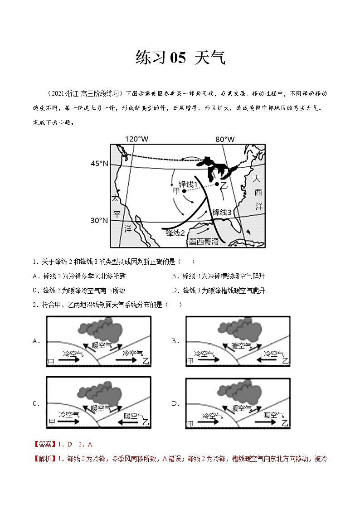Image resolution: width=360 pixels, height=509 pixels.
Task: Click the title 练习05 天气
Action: [180, 58]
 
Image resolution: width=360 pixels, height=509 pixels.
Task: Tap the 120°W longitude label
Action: [137, 139]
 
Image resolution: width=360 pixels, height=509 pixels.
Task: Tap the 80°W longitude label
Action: [225, 139]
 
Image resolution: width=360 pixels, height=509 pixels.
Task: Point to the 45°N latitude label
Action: [99, 163]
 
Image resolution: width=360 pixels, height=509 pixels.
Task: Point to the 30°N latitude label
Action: [99, 220]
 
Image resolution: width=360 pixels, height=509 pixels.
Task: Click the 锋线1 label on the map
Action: [188, 184]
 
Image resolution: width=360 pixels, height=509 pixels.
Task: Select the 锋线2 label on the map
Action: [175, 233]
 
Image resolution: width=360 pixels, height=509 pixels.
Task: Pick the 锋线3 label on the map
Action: [222, 212]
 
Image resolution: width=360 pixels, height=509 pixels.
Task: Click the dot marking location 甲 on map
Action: [184, 191]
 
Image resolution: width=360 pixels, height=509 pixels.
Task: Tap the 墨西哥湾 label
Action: [204, 242]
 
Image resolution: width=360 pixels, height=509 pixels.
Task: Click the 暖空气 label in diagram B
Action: [241, 345]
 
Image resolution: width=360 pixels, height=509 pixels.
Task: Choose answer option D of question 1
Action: [219, 291]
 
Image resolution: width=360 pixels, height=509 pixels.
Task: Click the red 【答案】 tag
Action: [42, 445]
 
